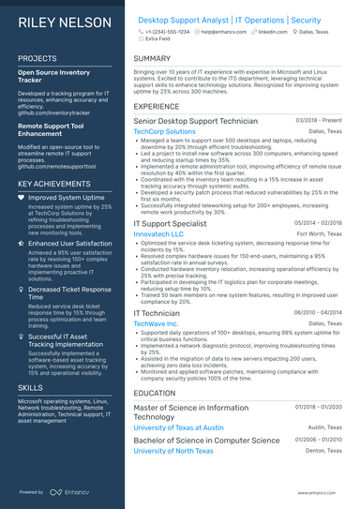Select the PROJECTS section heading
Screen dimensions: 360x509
click(x=37, y=58)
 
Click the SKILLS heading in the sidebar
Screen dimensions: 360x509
click(x=30, y=386)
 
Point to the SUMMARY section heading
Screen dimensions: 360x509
click(x=152, y=58)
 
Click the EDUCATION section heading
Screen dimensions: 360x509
click(x=156, y=394)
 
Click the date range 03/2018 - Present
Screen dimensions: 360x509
click(x=319, y=121)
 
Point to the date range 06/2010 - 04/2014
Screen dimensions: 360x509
click(x=319, y=313)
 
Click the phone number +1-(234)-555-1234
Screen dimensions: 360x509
click(x=167, y=32)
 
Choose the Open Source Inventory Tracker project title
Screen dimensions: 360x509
click(x=55, y=75)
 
